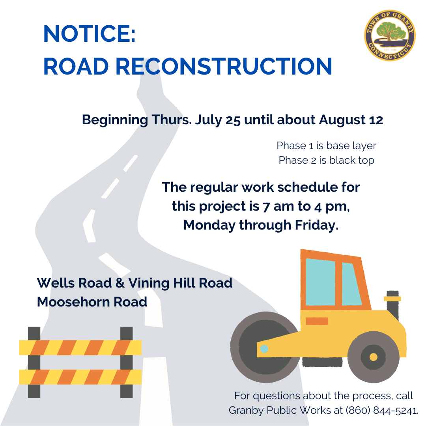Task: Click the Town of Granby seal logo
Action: pos(389,35)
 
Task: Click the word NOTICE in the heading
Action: pos(89,34)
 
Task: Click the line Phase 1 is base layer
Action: pos(326,146)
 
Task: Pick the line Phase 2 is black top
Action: pos(326,160)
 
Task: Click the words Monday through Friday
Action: pos(261,225)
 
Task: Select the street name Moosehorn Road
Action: pos(92,302)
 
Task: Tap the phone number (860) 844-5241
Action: pos(381,410)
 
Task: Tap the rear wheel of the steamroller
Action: pos(373,357)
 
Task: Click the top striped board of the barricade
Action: pos(80,348)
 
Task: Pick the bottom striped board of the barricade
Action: pos(80,377)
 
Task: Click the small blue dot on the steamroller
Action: pos(264,349)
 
